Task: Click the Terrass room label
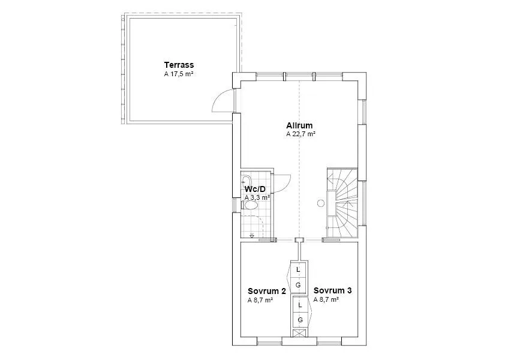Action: (179, 65)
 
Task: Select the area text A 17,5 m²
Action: (179, 74)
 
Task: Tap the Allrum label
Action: (300, 125)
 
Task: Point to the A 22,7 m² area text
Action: (300, 134)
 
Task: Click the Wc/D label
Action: (255, 189)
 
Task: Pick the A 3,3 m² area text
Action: (257, 197)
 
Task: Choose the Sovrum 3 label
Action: (332, 290)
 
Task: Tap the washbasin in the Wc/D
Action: (247, 181)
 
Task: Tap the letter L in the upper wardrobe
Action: (299, 270)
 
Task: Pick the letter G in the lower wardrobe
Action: (300, 320)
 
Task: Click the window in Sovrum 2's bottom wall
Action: (269, 344)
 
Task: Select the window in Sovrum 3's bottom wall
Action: (330, 344)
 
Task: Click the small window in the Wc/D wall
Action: (234, 205)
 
